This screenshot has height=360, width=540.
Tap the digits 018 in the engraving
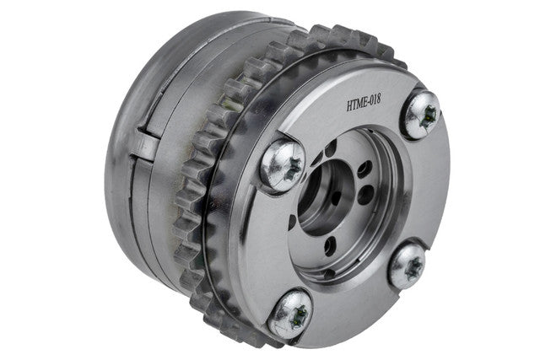pyautogui.click(x=375, y=100)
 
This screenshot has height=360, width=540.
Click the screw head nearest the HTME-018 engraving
pyautogui.click(x=422, y=115)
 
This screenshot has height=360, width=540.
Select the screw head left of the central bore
pyautogui.click(x=283, y=165)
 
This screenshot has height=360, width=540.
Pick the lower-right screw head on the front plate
pyautogui.click(x=408, y=266)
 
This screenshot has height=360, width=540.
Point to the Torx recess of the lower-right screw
pyautogui.click(x=413, y=267)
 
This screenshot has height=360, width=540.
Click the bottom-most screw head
pyautogui.click(x=290, y=314)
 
